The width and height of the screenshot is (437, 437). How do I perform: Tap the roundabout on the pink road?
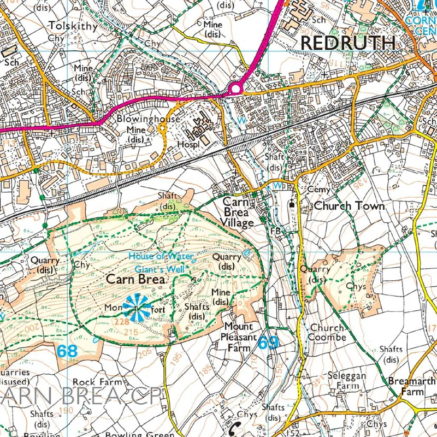(236, 88)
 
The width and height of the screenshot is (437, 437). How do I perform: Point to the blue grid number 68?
(67, 351)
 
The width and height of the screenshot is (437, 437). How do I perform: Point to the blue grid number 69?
(268, 342)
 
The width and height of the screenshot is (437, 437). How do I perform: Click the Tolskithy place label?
(73, 26)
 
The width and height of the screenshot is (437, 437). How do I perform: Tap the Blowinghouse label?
(140, 119)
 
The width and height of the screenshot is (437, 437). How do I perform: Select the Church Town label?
(349, 206)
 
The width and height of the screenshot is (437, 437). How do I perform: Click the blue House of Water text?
(161, 256)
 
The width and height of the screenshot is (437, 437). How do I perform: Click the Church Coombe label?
(328, 333)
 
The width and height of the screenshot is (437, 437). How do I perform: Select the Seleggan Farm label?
(343, 381)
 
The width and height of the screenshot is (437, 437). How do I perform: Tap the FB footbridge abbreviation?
(275, 231)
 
